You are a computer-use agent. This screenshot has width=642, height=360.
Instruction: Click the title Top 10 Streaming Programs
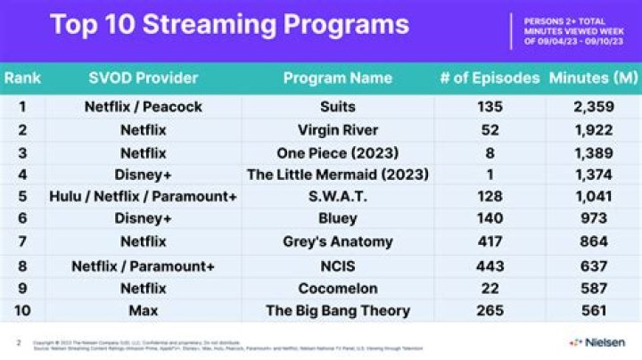(229, 24)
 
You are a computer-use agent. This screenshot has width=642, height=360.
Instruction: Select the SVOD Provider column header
(143, 78)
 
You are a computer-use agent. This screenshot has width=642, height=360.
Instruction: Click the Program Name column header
(338, 78)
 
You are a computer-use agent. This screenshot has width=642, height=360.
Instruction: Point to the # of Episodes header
(490, 78)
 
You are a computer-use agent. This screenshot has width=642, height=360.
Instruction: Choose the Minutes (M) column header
(593, 78)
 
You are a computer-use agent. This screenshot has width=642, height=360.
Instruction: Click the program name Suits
(338, 107)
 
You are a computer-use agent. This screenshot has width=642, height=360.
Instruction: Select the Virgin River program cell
(338, 130)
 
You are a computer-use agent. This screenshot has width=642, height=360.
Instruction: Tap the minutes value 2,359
(593, 107)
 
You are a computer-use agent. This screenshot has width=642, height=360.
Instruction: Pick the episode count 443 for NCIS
(490, 266)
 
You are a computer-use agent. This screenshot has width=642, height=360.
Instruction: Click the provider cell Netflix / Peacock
(143, 107)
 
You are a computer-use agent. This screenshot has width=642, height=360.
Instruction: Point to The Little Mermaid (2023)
(338, 175)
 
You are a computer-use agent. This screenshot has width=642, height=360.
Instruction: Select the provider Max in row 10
(143, 311)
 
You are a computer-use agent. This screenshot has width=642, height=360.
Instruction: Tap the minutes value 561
(593, 311)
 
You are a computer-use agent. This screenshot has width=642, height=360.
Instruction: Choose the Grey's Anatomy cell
(338, 242)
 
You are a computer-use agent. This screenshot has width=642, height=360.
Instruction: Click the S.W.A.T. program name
(338, 197)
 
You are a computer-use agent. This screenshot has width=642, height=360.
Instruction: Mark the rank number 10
(22, 311)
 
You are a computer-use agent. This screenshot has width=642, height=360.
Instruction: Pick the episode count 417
(490, 242)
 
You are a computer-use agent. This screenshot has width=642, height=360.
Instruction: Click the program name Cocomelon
(338, 288)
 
